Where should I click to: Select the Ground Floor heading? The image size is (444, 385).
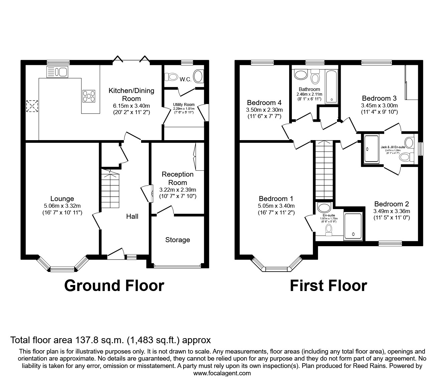pos(114,286)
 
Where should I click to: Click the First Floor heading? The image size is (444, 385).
pos(328,286)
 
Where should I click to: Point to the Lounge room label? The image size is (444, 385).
pos(62,199)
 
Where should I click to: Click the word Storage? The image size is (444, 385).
pos(178,240)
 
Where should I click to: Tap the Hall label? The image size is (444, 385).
pos(132,216)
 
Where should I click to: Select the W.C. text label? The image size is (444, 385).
pos(185,80)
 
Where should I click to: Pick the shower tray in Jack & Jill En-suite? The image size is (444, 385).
pos(371,149)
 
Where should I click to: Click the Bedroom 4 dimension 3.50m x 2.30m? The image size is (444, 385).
pos(264,110)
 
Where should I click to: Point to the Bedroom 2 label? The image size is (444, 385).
pos(392,204)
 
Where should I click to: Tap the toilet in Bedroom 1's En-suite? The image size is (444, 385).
pos(329,229)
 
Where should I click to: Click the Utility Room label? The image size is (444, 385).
pos(184,105)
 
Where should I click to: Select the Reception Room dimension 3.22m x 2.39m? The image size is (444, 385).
pos(178,190)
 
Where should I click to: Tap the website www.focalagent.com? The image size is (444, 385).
pos(222,373)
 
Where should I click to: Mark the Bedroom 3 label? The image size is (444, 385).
pos(379,98)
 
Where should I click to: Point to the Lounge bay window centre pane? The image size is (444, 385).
pos(62,269)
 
